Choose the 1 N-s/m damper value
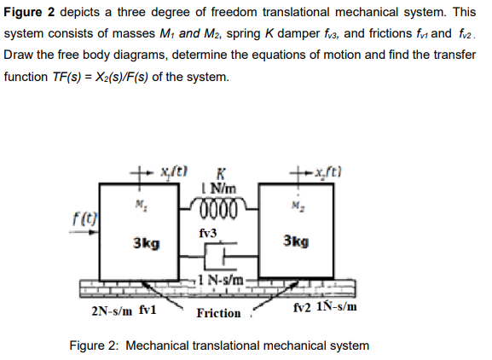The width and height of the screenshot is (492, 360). [x=224, y=279]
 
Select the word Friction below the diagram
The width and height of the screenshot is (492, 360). [x=218, y=313]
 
